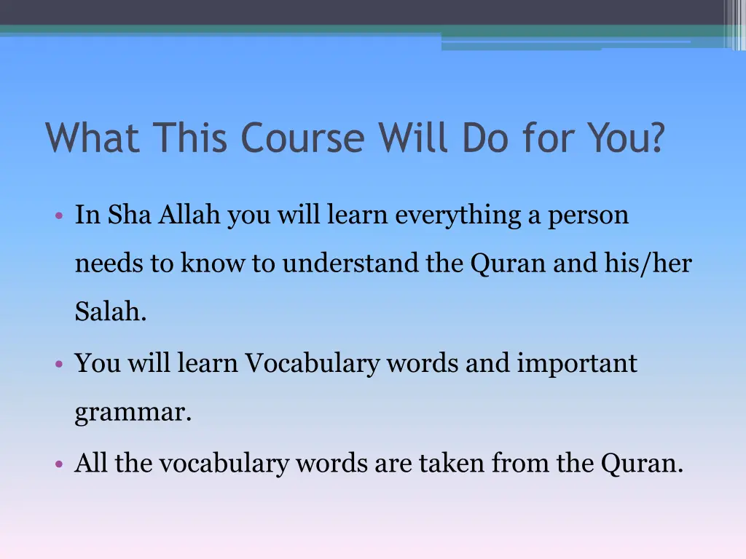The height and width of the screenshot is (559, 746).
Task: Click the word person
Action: [x=589, y=216]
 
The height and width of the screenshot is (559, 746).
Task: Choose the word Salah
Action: [x=111, y=313]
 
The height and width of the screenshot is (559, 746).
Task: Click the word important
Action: [x=577, y=362]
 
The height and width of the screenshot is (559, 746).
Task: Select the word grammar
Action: [x=133, y=413]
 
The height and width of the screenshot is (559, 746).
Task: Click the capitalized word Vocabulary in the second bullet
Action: [x=311, y=362]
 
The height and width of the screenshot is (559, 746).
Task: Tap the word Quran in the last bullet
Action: [x=641, y=463]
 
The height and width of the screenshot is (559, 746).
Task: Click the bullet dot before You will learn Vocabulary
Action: [x=58, y=364]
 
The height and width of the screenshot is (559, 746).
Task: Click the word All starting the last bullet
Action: [x=92, y=463]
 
